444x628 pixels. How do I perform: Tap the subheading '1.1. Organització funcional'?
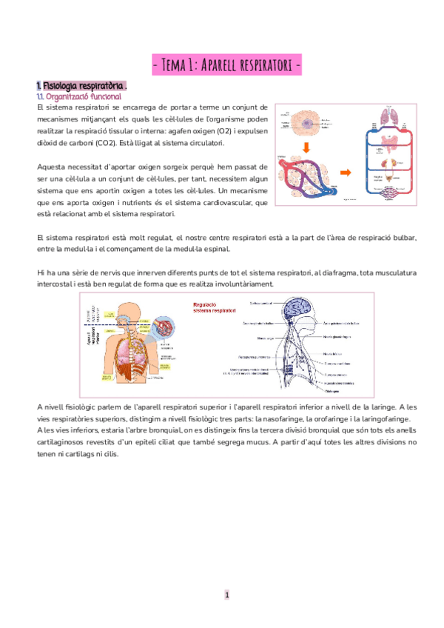(x=78, y=96)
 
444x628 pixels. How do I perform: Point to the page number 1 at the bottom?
(x=228, y=595)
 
